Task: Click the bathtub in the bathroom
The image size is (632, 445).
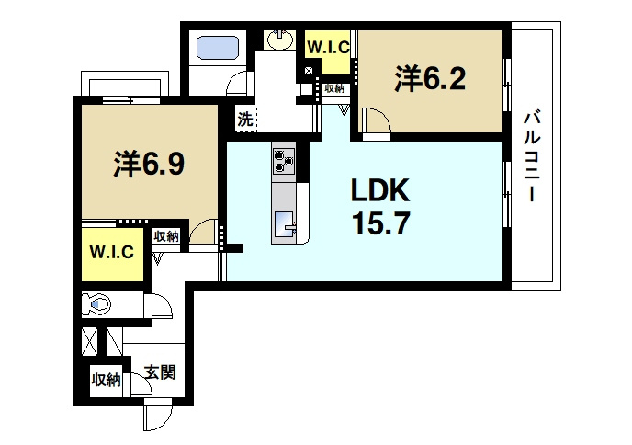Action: (x=217, y=48)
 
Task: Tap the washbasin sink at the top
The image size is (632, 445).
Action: (x=280, y=40)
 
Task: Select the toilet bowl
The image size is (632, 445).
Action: (x=96, y=303)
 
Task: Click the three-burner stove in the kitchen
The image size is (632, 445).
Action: (x=284, y=161)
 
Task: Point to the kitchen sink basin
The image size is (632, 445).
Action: (x=285, y=224)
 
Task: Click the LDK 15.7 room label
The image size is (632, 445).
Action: (x=380, y=207)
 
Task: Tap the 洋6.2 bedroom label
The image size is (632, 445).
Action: (x=430, y=79)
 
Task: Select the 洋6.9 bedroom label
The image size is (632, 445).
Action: (x=149, y=164)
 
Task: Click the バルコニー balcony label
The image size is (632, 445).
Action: (x=532, y=156)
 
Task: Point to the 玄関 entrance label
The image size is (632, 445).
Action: (x=160, y=371)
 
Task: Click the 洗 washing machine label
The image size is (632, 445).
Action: (x=244, y=119)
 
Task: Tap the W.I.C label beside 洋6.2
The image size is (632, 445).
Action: (x=328, y=48)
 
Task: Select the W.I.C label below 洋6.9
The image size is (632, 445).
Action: (x=111, y=252)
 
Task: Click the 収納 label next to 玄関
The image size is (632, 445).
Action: (x=106, y=379)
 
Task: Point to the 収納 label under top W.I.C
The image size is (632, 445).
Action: (x=334, y=88)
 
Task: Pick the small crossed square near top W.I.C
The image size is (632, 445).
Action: (x=309, y=72)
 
